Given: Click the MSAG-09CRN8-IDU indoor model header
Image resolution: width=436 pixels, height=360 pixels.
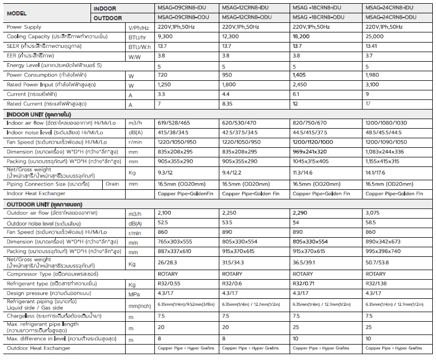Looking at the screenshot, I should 182,8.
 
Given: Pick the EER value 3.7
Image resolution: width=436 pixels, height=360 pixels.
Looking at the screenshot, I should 370,55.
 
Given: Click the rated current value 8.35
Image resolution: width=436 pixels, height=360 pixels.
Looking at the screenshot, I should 227,104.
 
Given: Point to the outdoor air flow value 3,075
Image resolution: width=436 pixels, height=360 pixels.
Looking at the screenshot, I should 373,213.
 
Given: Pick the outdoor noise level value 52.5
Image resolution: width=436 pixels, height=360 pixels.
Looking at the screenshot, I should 163,223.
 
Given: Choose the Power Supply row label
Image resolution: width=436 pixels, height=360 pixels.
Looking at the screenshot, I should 24,27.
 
